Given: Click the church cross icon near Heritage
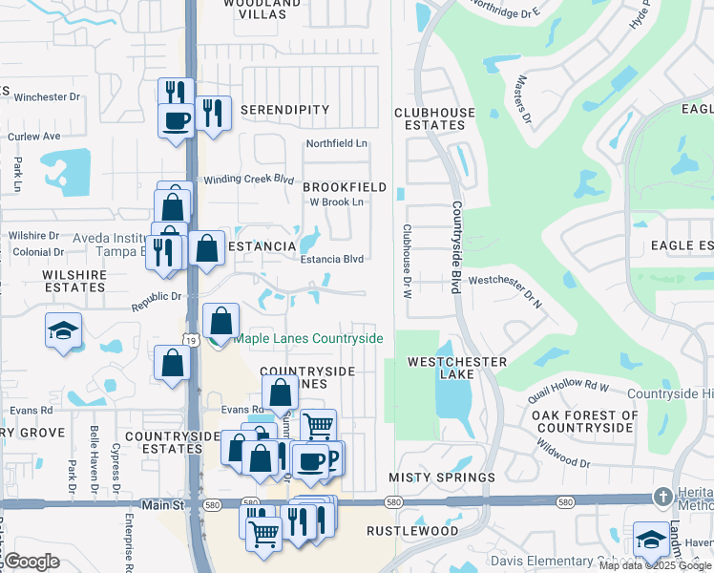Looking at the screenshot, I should tap(662, 498).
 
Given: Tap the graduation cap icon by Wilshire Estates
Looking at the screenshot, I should tap(63, 330).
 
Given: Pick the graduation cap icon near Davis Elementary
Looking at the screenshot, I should tap(651, 538).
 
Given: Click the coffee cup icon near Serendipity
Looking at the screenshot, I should tap(177, 120).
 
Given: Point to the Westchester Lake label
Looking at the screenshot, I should tap(456, 369).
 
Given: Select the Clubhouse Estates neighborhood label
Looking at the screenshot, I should tap(434, 118).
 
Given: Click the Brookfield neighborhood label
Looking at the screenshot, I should tap(345, 187).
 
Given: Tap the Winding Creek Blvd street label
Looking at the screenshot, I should tap(248, 179).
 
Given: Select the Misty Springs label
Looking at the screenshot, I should tap(441, 477).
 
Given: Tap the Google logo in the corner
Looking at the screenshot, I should tap(31, 562).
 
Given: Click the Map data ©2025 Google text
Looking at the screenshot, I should tap(655, 565).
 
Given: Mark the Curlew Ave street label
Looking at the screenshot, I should tap(33, 137).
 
